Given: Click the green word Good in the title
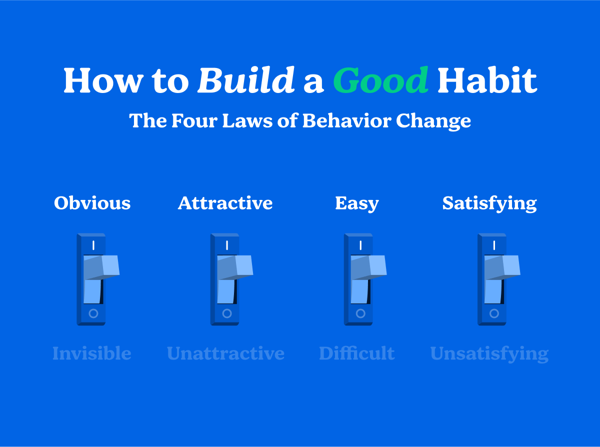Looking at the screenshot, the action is click(x=380, y=80).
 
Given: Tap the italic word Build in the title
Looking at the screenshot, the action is click(x=246, y=80).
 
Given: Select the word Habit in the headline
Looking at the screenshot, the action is click(x=487, y=80).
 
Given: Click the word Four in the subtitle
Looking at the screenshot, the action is click(x=194, y=120).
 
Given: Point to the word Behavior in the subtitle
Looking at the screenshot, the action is click(x=347, y=120).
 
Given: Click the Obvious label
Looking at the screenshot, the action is click(x=92, y=203).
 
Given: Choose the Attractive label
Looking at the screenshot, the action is click(x=225, y=203).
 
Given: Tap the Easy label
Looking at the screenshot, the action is click(x=357, y=203).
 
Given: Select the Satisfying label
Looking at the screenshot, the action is click(x=489, y=203).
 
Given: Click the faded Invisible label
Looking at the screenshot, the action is click(x=92, y=353).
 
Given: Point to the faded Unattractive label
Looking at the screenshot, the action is click(x=225, y=353).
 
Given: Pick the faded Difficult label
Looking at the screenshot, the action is click(x=357, y=353).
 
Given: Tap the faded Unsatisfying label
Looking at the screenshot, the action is click(x=489, y=354).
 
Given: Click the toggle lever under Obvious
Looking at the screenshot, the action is click(x=101, y=268).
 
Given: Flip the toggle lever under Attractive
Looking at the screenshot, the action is click(x=235, y=268).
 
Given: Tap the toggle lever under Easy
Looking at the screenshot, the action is click(x=368, y=268).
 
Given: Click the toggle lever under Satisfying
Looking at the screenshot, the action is click(x=502, y=268).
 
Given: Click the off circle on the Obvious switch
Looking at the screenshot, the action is click(x=93, y=313).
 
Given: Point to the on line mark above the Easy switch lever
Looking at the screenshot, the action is click(x=360, y=245).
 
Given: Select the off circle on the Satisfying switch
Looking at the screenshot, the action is click(x=494, y=313).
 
